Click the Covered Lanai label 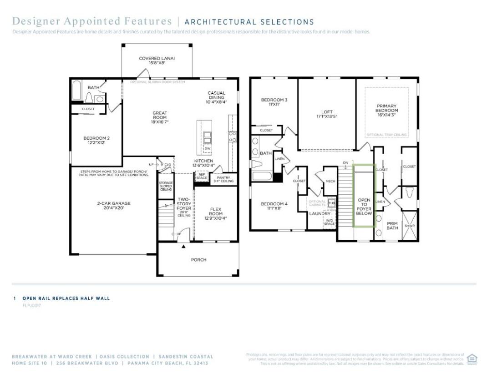[x=157, y=61]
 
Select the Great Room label [x=160, y=117]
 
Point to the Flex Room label [x=215, y=213]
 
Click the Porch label [x=198, y=260]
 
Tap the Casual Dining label [x=217, y=97]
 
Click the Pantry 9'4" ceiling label [x=223, y=180]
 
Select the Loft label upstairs [x=327, y=113]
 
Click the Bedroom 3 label [x=274, y=102]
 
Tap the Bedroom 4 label [x=274, y=206]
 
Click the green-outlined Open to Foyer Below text [x=364, y=207]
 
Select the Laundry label [x=320, y=213]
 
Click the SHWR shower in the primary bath [x=410, y=226]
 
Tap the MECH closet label [x=330, y=181]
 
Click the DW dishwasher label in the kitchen [x=208, y=149]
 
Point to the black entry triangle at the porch [x=183, y=247]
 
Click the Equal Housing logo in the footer [x=472, y=359]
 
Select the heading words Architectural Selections [x=249, y=22]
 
